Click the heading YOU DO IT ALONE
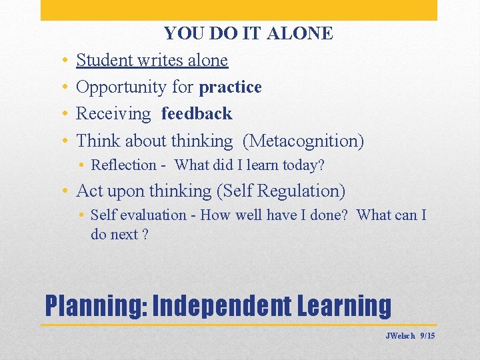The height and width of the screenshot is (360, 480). [248, 33]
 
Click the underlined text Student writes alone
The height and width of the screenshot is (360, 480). [152, 60]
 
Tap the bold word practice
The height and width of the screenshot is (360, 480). [230, 87]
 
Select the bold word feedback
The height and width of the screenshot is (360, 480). [197, 113]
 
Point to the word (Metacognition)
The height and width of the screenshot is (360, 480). [303, 141]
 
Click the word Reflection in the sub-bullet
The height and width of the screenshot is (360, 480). [123, 165]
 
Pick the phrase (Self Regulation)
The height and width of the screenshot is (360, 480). [281, 191]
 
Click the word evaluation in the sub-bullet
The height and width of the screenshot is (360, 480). [155, 215]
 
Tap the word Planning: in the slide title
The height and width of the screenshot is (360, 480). [95, 305]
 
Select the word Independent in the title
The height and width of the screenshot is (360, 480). [222, 305]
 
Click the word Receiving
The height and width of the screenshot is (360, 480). [113, 114]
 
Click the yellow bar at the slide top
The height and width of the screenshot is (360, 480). [239, 10]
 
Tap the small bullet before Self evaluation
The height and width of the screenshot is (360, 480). [80, 215]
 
